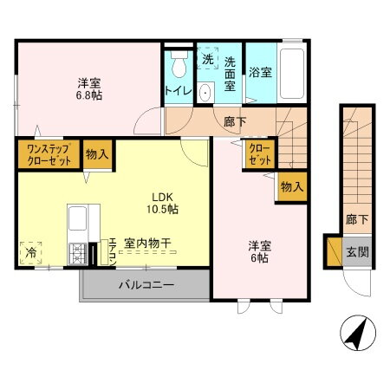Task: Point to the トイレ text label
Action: pos(178,89)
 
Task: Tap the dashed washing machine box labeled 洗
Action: pos(208,59)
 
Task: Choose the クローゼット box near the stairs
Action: pos(259,155)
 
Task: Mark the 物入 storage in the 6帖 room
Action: pos(292,186)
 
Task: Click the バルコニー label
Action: pos(145,284)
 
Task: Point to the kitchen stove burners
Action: pos(81,253)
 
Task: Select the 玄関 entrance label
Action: pos(357,252)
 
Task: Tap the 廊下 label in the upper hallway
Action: pos(234,122)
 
